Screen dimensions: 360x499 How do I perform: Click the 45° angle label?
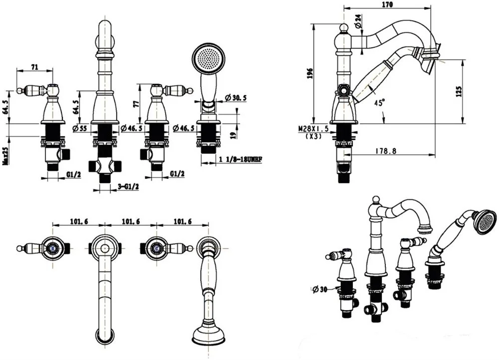point(380,103)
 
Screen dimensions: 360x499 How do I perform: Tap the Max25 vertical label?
point(4,155)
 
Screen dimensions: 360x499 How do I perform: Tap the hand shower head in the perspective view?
point(485,222)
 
